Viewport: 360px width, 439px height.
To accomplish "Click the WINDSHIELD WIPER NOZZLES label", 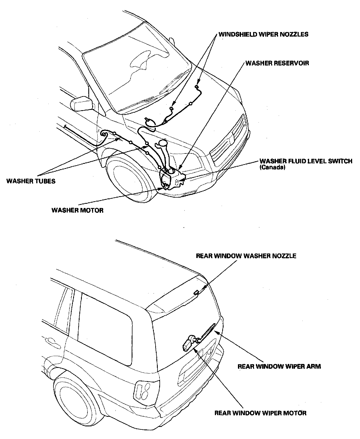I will (x=264, y=34).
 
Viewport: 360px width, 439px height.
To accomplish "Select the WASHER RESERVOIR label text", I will (x=277, y=63).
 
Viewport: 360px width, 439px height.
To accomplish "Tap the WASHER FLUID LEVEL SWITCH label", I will (x=306, y=161).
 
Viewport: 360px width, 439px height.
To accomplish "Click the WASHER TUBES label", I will (x=31, y=181).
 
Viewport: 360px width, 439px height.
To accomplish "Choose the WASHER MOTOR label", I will (x=77, y=210).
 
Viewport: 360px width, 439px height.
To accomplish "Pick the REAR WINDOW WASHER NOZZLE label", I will (x=246, y=256).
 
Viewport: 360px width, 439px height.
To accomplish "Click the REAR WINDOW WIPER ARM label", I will (x=279, y=366).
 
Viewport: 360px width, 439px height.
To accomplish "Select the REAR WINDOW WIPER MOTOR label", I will (x=260, y=413).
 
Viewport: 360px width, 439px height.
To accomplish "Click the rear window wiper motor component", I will (x=188, y=343).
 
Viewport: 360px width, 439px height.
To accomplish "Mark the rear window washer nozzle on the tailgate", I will (x=196, y=293).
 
